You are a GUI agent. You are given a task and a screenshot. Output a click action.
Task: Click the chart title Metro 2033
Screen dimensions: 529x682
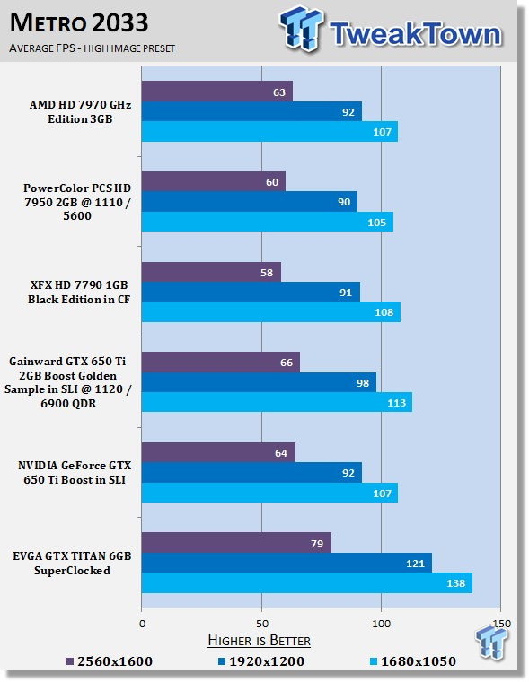(79, 23)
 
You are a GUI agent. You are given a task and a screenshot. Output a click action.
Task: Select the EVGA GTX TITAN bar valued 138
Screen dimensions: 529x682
(307, 582)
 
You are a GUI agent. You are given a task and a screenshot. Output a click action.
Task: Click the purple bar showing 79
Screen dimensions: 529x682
(236, 542)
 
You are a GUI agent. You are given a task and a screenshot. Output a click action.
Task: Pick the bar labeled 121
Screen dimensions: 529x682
(287, 563)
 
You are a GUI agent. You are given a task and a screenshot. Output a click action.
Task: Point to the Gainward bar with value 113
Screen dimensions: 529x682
(277, 402)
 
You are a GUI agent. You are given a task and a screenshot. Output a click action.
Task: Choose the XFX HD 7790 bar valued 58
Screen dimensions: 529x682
(211, 272)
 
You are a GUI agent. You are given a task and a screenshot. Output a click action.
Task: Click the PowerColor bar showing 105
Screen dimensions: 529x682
(268, 222)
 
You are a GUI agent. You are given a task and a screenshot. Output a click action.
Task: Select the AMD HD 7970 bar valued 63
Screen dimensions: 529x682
(217, 92)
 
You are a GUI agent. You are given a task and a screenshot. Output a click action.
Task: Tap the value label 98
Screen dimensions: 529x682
(363, 383)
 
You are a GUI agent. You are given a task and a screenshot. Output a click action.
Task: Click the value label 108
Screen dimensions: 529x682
(384, 312)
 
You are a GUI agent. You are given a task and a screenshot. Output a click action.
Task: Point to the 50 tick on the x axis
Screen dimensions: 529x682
(261, 624)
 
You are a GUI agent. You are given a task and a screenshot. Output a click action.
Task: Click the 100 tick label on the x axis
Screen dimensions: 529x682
(382, 624)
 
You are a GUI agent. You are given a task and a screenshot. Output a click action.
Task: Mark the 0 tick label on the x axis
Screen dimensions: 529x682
(143, 624)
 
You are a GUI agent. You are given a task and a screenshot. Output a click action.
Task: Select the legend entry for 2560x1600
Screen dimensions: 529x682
(110, 661)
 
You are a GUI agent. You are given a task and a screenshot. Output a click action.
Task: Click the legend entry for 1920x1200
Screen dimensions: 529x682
(261, 661)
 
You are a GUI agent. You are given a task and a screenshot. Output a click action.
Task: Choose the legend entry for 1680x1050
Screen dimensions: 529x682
(413, 661)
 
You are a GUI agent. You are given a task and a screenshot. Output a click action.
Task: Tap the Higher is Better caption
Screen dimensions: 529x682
(259, 640)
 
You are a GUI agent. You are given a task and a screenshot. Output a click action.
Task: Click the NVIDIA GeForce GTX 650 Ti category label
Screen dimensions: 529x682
(75, 472)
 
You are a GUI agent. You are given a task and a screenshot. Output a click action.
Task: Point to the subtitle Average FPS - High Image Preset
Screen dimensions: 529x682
(92, 48)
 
